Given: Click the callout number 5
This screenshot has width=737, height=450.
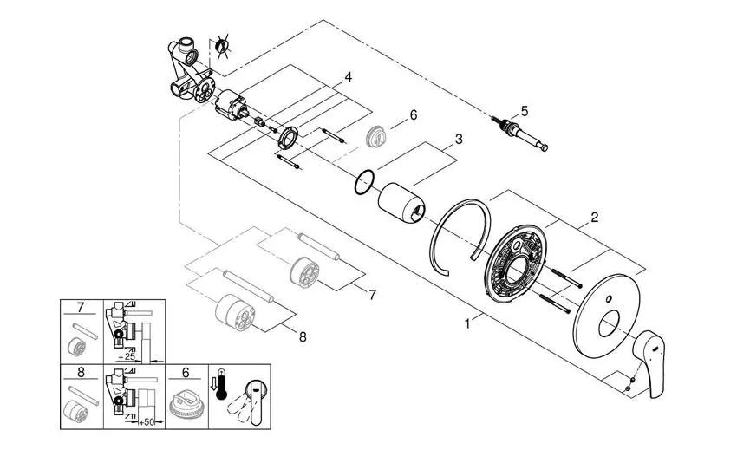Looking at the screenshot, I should click(524, 111).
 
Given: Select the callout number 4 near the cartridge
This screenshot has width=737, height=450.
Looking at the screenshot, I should click(348, 77).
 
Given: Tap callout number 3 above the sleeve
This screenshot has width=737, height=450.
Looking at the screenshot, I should click(459, 139).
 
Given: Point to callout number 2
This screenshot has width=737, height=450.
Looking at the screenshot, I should click(595, 217).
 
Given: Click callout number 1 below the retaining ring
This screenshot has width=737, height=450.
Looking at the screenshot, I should click(469, 323).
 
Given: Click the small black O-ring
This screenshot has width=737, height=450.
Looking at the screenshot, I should click(364, 182).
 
